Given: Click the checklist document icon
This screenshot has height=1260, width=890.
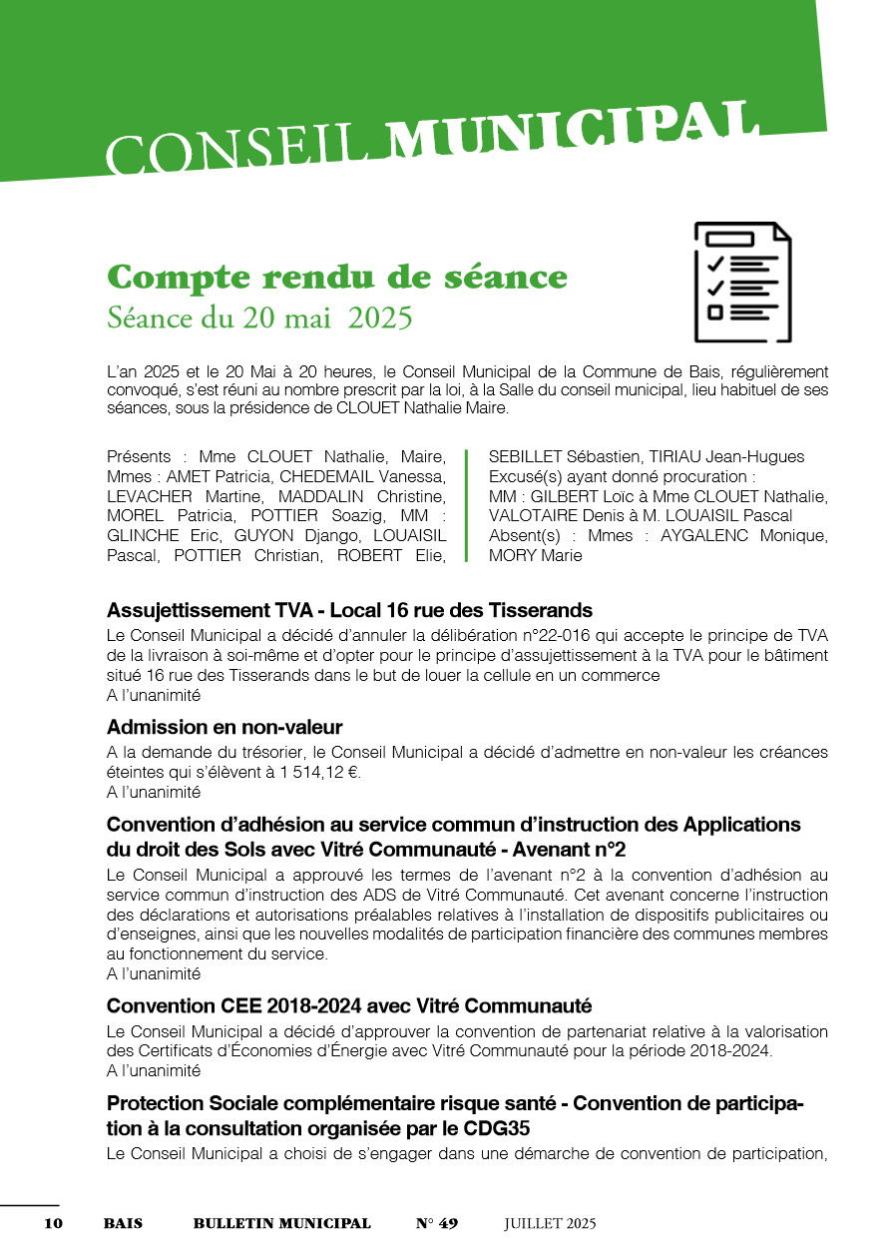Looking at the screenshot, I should point(742,282).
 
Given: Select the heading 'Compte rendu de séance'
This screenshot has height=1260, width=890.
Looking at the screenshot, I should point(337,277).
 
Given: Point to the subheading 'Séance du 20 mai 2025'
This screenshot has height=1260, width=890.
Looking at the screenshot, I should point(259,318).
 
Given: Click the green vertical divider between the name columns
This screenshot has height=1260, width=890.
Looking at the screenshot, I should point(466,505).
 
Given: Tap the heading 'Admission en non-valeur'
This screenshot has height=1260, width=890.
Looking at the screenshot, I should point(224,727).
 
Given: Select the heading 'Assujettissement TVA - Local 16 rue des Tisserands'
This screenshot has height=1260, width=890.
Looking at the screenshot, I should point(349,610).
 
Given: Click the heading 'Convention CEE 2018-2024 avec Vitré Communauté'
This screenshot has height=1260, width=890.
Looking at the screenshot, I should point(349,1005).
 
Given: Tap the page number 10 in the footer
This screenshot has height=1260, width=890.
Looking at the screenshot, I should point(53,1223).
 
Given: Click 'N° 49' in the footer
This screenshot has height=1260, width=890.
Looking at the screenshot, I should point(437,1223).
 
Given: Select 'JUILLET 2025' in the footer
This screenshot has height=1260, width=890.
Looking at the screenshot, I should point(550,1223).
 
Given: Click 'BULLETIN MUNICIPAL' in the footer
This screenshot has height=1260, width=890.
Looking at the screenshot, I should point(281,1223).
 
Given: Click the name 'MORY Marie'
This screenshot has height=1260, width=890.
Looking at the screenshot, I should point(535,555).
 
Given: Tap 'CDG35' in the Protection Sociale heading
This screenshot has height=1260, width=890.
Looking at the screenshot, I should point(494,1129).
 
